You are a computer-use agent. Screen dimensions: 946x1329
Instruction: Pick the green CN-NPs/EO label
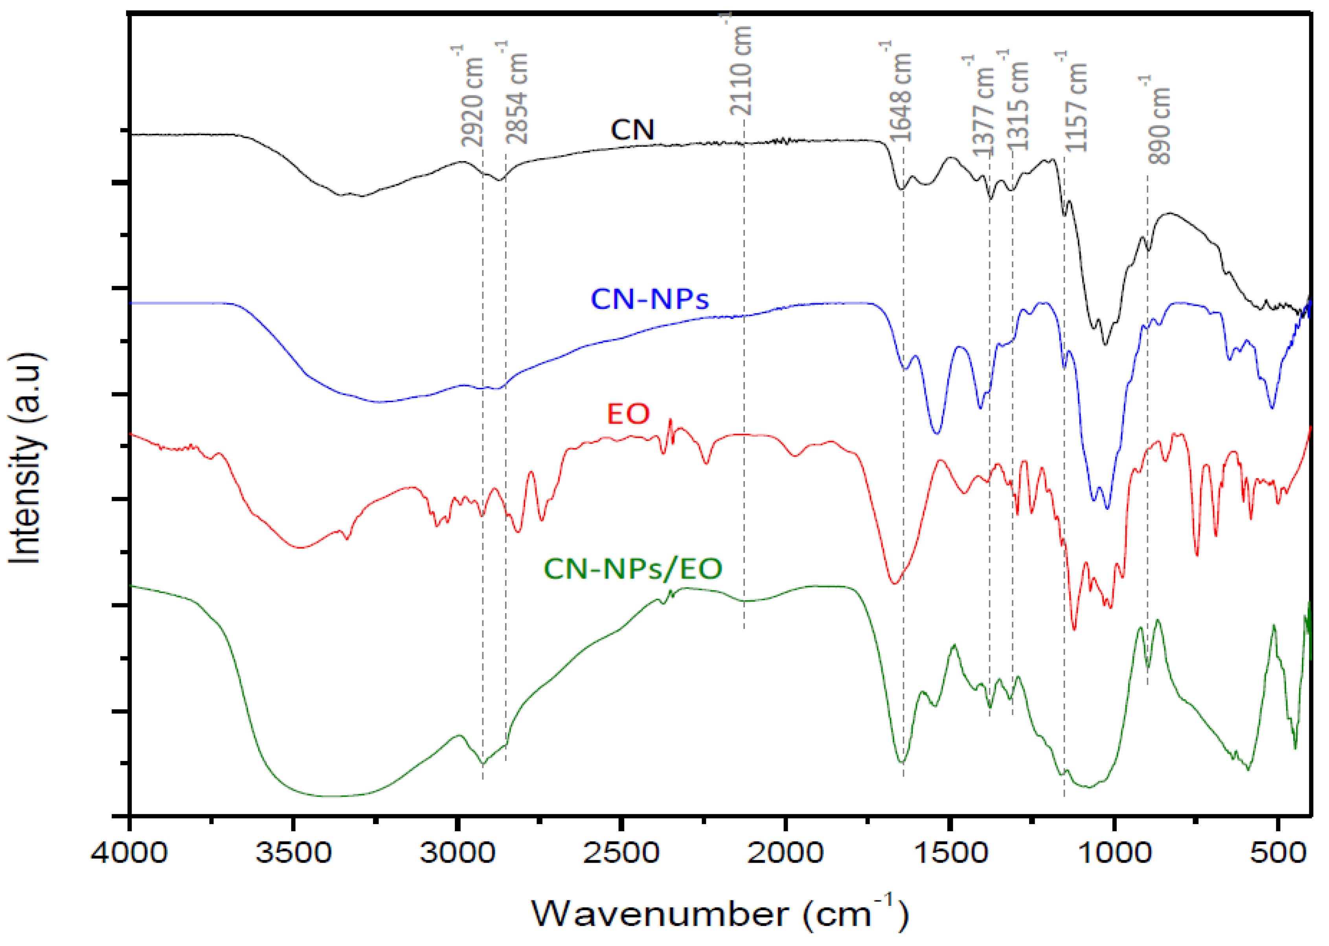point(633,569)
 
